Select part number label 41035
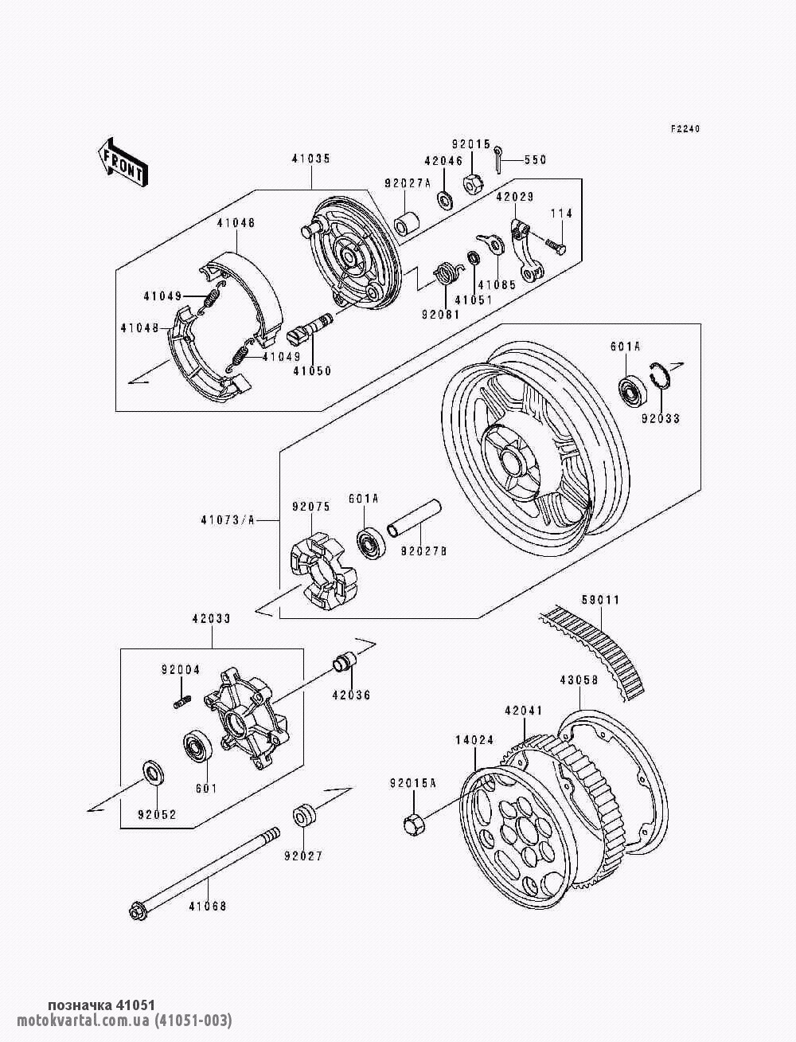pyautogui.click(x=310, y=159)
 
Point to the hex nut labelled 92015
pyautogui.click(x=470, y=186)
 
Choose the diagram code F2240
pyautogui.click(x=684, y=129)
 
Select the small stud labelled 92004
pyautogui.click(x=181, y=702)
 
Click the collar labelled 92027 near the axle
pyautogui.click(x=306, y=817)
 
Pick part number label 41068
pyautogui.click(x=207, y=906)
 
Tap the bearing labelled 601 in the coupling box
pyautogui.click(x=196, y=747)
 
